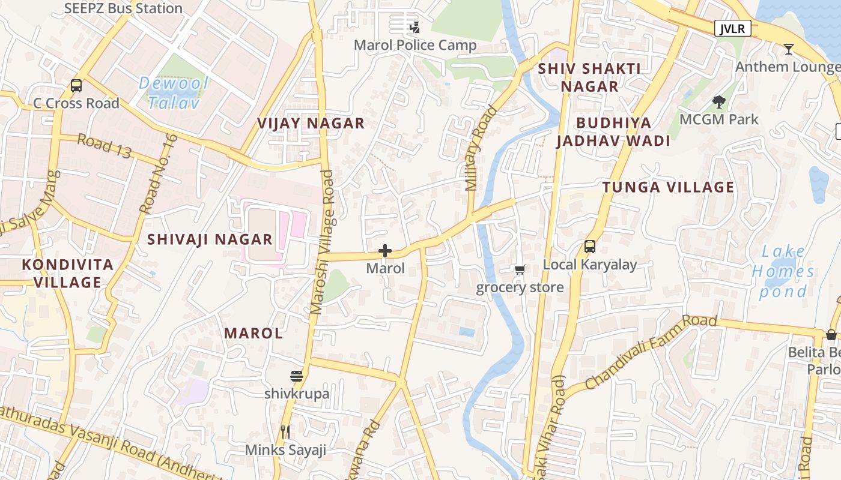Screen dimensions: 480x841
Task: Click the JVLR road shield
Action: [733, 28]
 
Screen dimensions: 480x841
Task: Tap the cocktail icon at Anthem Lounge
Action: [789, 49]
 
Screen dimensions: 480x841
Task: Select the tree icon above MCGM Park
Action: [718, 101]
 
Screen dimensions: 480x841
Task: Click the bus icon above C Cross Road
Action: [76, 85]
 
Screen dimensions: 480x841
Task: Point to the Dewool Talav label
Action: [174, 92]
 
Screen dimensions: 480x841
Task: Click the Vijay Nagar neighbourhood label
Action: [311, 124]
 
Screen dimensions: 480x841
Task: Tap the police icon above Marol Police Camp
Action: [414, 27]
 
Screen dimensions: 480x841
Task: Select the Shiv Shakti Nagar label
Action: [589, 77]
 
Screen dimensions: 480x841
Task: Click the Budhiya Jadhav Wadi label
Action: [613, 132]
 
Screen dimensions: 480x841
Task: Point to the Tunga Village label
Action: [668, 187]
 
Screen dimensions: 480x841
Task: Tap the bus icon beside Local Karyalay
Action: [590, 246]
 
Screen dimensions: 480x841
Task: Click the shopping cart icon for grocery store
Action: [520, 270]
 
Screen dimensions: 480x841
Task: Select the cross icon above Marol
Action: [385, 251]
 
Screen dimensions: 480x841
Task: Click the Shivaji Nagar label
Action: [210, 239]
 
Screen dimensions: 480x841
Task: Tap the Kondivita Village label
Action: [68, 274]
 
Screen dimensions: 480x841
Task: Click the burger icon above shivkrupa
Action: [297, 376]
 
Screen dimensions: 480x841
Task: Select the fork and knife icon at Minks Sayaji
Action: [285, 431]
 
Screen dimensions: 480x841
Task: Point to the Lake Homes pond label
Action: [783, 272]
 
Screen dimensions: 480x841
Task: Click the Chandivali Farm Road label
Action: [651, 352]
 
